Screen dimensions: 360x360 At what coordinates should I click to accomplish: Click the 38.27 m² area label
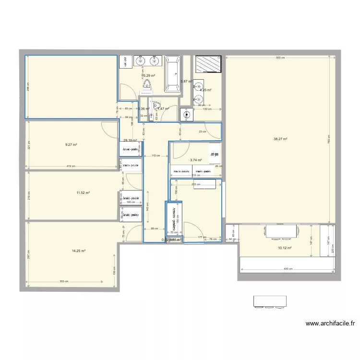[280, 139]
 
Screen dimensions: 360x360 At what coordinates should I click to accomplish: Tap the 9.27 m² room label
[72, 144]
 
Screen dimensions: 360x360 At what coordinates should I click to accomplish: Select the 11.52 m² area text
[83, 192]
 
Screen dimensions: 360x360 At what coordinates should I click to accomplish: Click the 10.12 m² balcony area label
[285, 248]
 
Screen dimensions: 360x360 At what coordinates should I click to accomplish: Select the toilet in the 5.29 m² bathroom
[147, 85]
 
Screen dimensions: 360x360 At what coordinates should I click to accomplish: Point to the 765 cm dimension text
[328, 139]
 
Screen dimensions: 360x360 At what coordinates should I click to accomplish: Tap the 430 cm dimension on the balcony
[287, 268]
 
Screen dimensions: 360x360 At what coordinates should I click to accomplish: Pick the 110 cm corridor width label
[156, 156]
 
